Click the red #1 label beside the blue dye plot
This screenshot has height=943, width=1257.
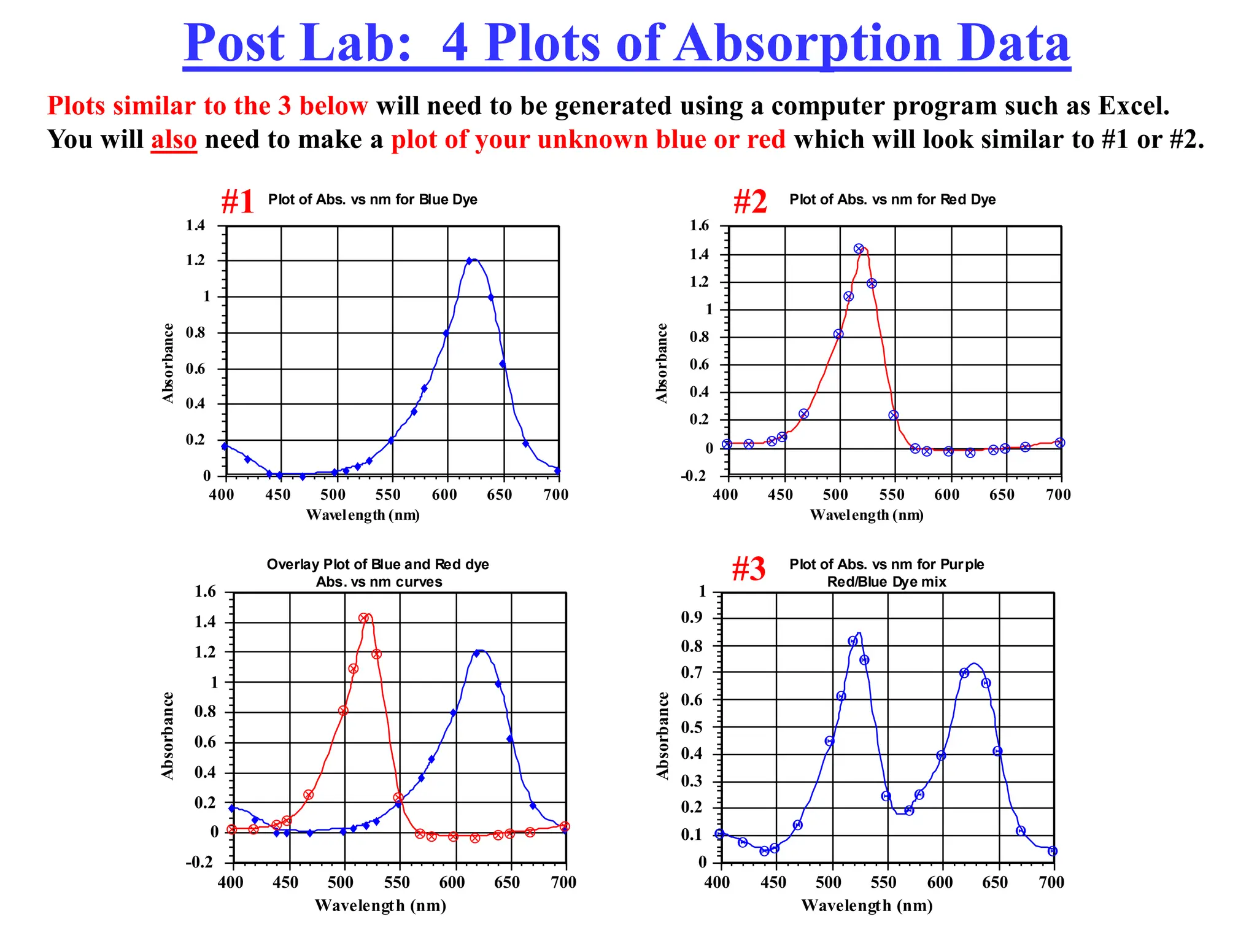point(237,201)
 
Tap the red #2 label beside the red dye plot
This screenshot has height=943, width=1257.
point(750,201)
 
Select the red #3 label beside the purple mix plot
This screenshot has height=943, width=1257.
point(748,569)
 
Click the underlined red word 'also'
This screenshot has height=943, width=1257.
point(174,140)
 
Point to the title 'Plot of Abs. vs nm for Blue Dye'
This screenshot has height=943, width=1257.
point(373,200)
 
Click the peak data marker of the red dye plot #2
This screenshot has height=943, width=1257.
point(859,249)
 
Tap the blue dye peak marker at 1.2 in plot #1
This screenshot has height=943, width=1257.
point(470,261)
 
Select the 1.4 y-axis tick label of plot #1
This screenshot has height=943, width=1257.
point(196,225)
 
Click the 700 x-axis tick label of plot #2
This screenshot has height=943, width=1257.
point(1058,495)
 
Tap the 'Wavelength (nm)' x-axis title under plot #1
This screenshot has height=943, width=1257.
point(363,514)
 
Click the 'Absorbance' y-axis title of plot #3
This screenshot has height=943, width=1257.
point(662,735)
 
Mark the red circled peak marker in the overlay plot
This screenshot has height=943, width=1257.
point(364,618)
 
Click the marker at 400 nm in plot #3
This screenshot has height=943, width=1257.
point(720,834)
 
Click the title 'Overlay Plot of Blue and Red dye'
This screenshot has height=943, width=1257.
point(377,564)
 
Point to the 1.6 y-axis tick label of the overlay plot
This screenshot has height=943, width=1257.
point(206,592)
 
